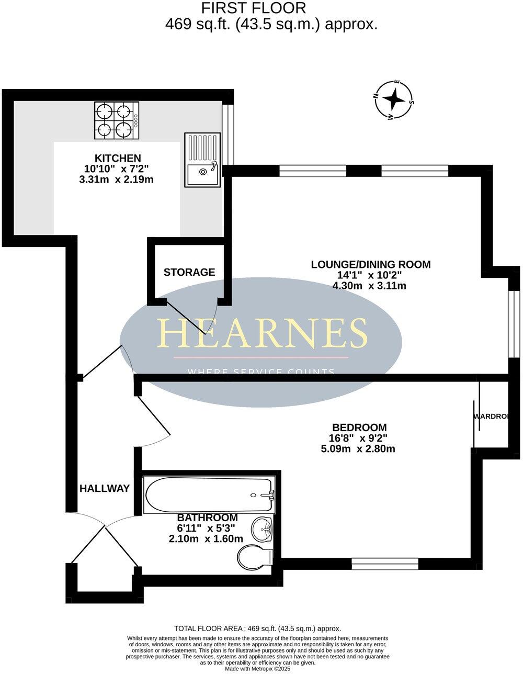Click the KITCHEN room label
[x=117, y=158]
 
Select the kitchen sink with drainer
[x=202, y=160]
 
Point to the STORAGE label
[x=189, y=272]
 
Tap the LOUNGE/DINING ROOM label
[x=371, y=264]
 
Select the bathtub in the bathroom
[x=209, y=495]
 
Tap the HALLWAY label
[x=105, y=489]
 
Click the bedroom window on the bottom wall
[x=385, y=564]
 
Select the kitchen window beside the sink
[x=228, y=134]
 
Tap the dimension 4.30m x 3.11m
[x=369, y=286]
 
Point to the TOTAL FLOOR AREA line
[x=257, y=628]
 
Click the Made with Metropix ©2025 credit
[x=257, y=669]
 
